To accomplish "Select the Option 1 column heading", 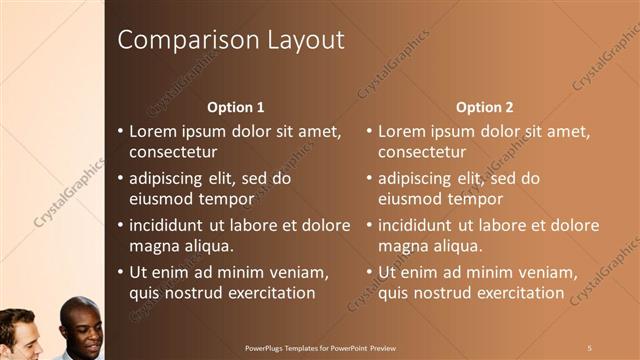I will pos(235,107).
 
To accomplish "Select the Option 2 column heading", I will pos(484,107).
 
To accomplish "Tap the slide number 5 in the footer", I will pos(591,347).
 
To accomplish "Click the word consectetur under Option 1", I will pos(173,152).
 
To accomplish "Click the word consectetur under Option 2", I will pos(421,152).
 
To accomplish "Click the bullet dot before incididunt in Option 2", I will pos(369,226).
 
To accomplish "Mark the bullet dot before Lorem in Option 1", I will pos(121,132).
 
